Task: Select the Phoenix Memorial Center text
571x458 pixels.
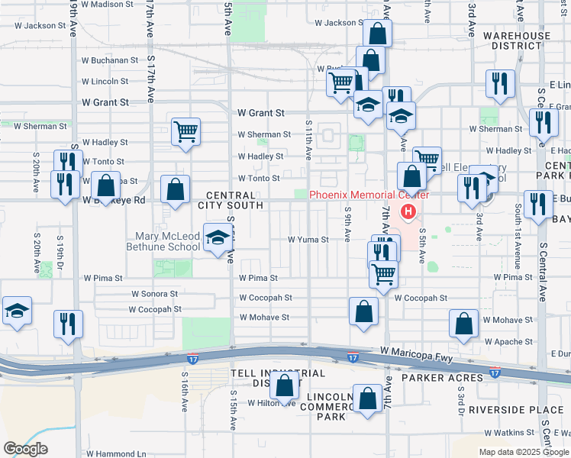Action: click(369, 195)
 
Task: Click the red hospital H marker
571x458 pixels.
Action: click(409, 211)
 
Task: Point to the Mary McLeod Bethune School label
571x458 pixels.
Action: click(168, 241)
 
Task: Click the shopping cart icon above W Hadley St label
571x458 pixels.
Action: click(185, 131)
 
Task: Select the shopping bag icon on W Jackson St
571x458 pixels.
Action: click(377, 34)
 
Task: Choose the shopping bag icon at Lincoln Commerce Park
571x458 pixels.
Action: click(368, 398)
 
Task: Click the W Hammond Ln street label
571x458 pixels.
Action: click(116, 453)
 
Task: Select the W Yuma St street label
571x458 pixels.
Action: click(308, 240)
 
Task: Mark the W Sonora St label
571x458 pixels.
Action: click(154, 293)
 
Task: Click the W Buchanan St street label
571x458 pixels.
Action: click(110, 60)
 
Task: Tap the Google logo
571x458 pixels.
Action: click(25, 449)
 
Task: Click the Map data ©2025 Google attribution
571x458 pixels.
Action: click(522, 452)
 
